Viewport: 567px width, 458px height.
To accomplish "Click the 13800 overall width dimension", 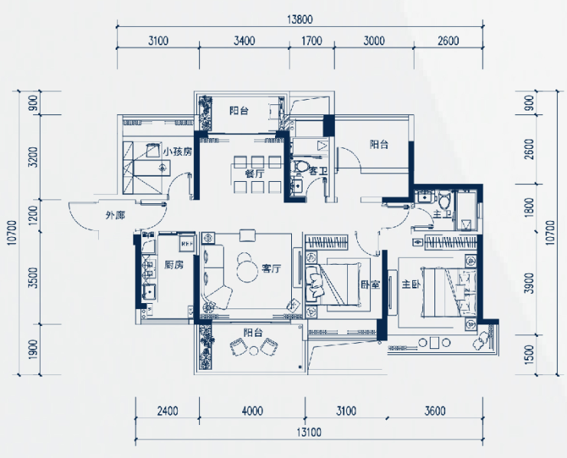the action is (x=300, y=19).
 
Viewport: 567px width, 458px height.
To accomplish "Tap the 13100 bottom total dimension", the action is (x=309, y=432).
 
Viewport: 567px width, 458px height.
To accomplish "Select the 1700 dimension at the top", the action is (x=312, y=41).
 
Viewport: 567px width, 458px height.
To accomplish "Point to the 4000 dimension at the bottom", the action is (x=252, y=411).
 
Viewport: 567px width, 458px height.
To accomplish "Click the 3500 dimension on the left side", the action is (x=33, y=278).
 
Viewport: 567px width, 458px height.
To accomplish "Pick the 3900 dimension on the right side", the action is (x=529, y=283).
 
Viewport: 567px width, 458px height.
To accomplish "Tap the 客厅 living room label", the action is (x=271, y=269).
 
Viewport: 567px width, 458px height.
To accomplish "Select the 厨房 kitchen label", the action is (x=174, y=265).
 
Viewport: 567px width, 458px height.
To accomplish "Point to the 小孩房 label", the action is (x=177, y=152).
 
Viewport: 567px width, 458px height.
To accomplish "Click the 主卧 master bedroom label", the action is (x=411, y=285).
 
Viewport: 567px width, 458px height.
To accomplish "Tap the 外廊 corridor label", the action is (x=116, y=216).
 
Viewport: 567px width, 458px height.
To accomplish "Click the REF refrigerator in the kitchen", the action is (x=187, y=243).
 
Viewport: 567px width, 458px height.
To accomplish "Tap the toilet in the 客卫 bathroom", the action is (x=301, y=166).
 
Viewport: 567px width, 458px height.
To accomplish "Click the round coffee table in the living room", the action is (x=247, y=269).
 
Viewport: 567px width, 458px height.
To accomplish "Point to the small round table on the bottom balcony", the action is (x=254, y=350).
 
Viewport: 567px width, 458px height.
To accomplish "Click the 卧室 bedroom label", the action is (x=370, y=285).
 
